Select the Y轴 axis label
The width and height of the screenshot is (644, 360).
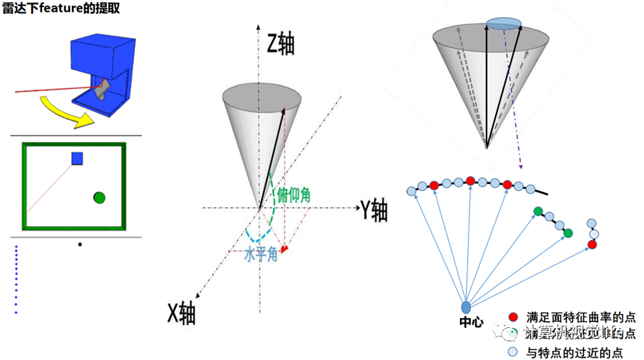point(373,208)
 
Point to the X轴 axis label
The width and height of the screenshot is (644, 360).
point(181,312)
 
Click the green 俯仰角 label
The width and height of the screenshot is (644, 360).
point(294,195)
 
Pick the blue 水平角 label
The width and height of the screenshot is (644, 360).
point(260,254)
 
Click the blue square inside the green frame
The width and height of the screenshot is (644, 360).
point(77,158)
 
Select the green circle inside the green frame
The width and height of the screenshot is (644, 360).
point(99,198)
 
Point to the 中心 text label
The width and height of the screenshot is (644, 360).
point(472,323)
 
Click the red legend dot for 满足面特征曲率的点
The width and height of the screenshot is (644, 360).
point(512,316)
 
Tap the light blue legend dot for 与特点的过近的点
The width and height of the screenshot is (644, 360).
point(512,352)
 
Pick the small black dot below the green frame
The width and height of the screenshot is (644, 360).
point(80,244)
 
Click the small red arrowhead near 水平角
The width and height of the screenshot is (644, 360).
point(285,249)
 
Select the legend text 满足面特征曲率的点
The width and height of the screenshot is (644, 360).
point(581,316)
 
